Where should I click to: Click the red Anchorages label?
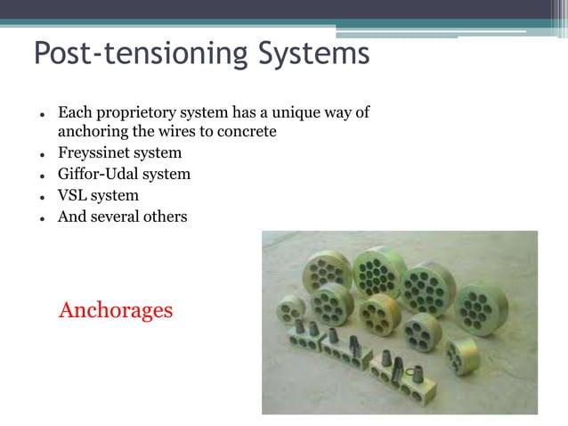tap(116, 311)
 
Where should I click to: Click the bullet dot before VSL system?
tap(42, 196)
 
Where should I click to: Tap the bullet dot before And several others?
tap(42, 217)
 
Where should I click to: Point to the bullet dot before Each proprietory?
tap(42, 115)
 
